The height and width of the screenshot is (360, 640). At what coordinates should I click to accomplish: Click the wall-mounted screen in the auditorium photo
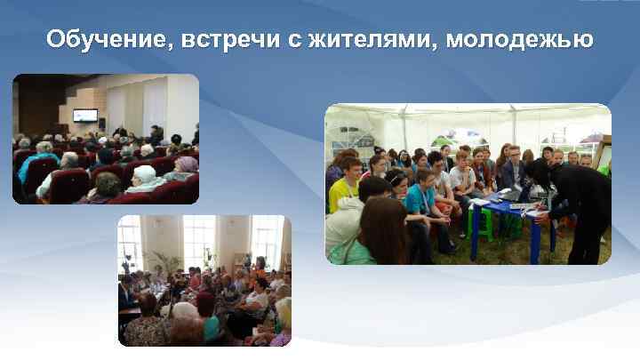pos(85,116)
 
